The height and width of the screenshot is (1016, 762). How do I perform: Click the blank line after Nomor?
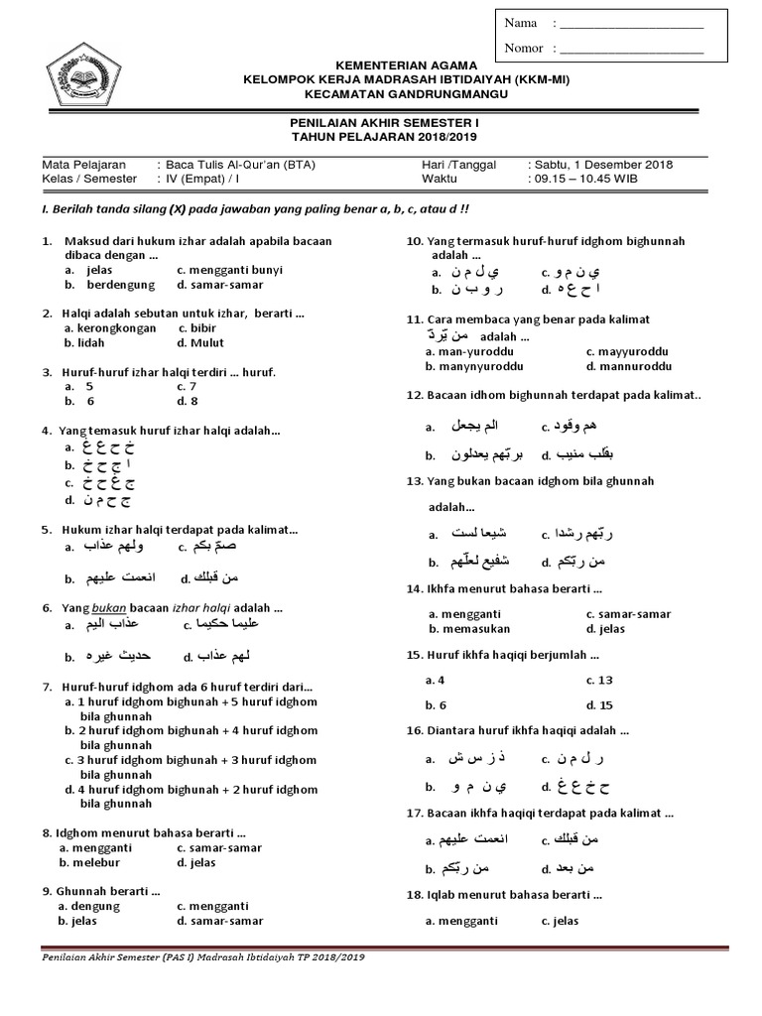[631, 49]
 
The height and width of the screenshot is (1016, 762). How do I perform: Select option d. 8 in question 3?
[188, 401]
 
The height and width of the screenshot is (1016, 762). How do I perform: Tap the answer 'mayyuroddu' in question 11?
[632, 351]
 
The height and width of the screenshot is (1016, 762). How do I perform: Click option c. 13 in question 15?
[599, 680]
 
